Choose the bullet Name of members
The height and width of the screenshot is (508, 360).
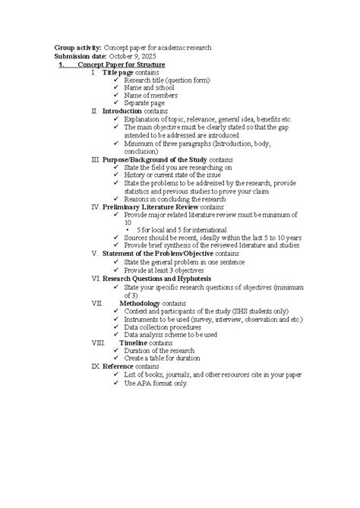[x=151, y=95]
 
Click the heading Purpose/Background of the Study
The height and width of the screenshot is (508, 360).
[x=155, y=160]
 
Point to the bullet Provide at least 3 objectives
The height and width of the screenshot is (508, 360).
[x=171, y=269]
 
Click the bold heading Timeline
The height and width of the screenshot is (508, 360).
[x=134, y=342]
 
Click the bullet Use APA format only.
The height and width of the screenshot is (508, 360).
[x=156, y=383]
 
